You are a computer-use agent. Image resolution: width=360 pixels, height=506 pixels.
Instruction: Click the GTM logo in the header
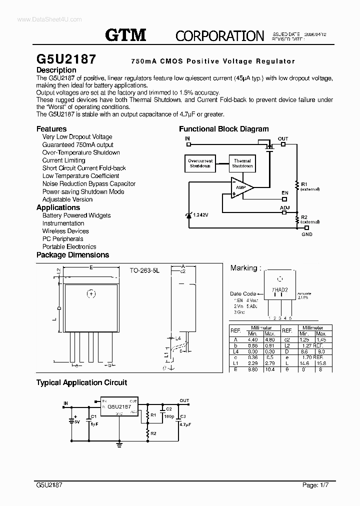(x=125, y=34)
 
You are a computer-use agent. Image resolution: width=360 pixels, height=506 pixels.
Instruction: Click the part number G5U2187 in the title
(x=66, y=59)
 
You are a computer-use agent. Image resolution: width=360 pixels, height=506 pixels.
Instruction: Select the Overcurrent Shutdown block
(x=200, y=163)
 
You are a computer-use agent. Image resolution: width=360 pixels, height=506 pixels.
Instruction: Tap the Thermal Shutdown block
(x=242, y=163)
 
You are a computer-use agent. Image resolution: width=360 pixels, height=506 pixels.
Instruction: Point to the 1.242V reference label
(x=202, y=215)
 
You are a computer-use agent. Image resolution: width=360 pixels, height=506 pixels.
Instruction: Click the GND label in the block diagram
(x=307, y=234)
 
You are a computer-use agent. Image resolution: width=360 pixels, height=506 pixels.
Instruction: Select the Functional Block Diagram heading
(x=223, y=129)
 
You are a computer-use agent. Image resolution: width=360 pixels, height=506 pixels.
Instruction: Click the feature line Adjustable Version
(x=67, y=199)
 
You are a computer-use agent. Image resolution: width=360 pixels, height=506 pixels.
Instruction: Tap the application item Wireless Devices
(x=65, y=231)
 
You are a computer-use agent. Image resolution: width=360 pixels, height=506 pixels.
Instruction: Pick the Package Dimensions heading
(x=72, y=254)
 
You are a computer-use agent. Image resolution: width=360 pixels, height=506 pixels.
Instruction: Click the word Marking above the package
(x=243, y=268)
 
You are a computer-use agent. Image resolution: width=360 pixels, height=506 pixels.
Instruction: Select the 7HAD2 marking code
(x=279, y=289)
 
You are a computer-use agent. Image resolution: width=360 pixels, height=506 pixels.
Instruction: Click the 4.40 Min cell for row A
(x=253, y=339)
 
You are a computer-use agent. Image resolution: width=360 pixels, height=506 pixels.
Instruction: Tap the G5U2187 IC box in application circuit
(x=119, y=407)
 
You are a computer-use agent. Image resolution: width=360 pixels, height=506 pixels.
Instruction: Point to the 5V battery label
(x=76, y=421)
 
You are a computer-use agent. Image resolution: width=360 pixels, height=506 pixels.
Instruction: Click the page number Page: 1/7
(x=317, y=485)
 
